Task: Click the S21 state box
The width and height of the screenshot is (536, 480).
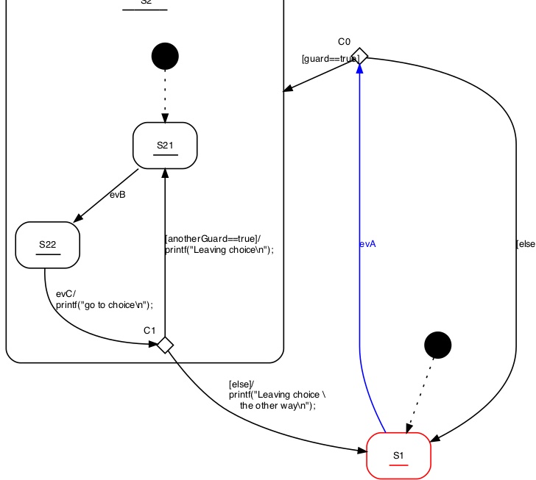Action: [x=165, y=145]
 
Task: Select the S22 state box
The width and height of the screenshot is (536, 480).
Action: [x=47, y=245]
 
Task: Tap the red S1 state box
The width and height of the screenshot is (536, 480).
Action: [x=398, y=456]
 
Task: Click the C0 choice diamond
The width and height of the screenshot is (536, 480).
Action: [x=360, y=55]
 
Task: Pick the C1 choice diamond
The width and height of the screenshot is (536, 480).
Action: [x=166, y=344]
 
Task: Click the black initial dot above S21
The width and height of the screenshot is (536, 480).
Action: [x=165, y=56]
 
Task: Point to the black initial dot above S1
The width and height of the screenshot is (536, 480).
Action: [x=438, y=343]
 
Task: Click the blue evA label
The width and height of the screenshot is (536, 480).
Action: [x=368, y=244]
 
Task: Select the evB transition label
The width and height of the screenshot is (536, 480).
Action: [x=118, y=195]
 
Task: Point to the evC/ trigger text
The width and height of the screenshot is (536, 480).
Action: [x=66, y=294]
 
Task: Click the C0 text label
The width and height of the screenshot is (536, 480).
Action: [x=345, y=41]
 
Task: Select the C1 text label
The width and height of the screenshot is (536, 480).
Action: [x=149, y=330]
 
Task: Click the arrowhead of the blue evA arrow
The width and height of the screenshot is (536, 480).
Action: [x=360, y=68]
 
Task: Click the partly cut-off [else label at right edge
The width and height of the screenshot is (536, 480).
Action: [x=526, y=244]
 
